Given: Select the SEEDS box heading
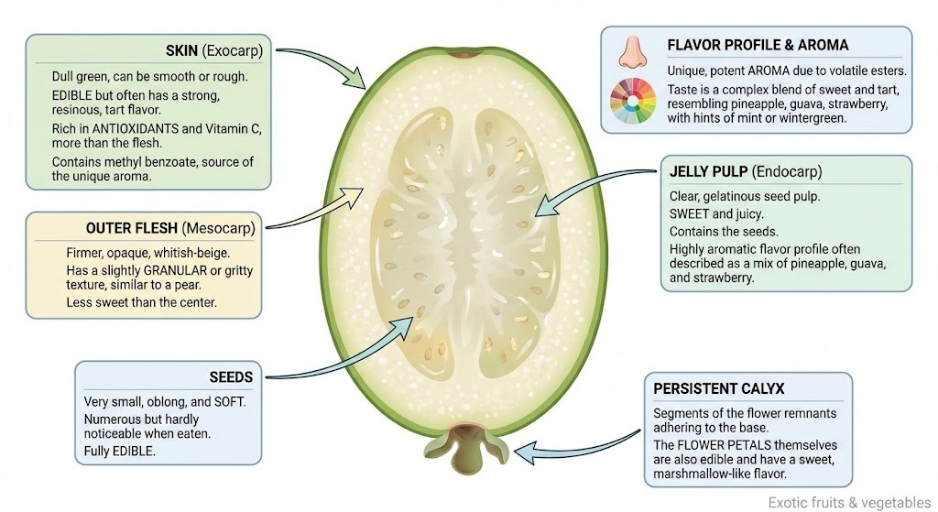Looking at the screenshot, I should click(x=231, y=376).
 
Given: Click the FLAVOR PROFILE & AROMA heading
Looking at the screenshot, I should click(x=758, y=44).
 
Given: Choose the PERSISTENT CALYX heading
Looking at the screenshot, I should click(x=719, y=388).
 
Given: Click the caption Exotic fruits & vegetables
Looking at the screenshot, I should click(x=846, y=502).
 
